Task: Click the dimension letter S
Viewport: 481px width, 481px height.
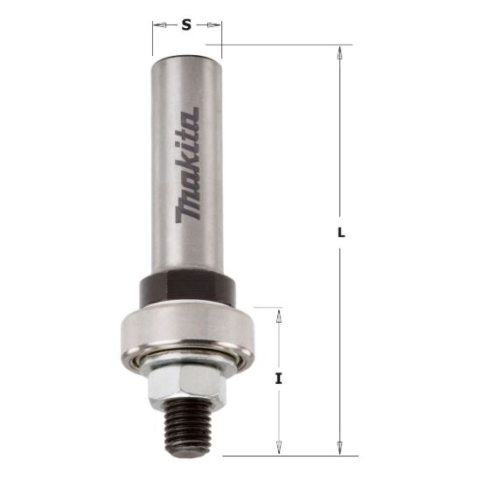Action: [x=186, y=25]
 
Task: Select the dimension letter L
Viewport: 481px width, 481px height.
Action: [x=340, y=234]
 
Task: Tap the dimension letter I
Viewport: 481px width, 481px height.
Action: [x=278, y=378]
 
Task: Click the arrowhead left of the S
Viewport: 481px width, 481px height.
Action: [x=158, y=25]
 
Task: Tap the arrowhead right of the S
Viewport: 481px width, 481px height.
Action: [x=215, y=25]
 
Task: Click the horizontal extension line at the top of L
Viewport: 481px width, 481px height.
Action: [x=280, y=45]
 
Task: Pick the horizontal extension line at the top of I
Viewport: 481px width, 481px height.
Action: [x=267, y=307]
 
